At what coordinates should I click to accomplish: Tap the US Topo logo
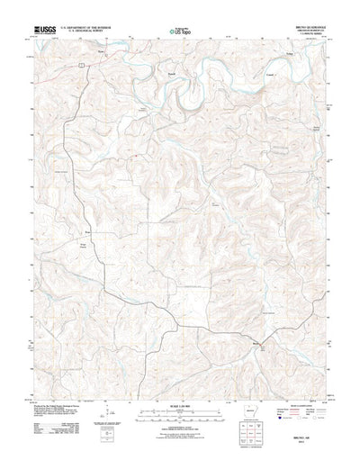pos(179,33)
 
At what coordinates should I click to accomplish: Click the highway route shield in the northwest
pos(81,65)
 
